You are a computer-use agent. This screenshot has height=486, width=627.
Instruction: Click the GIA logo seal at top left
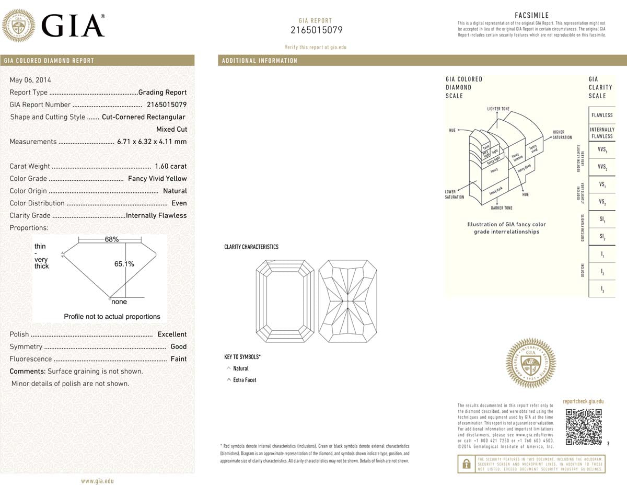(x=19, y=26)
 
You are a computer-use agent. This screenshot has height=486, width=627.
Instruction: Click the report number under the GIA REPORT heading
(x=316, y=30)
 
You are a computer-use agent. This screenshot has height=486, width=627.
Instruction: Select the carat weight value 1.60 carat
(x=171, y=166)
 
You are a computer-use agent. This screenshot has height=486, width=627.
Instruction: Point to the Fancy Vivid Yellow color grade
(x=157, y=178)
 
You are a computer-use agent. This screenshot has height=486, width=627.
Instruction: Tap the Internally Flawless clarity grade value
(x=156, y=215)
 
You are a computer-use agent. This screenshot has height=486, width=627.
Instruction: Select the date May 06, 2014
(x=27, y=80)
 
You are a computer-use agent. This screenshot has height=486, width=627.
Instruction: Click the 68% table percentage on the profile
(x=112, y=239)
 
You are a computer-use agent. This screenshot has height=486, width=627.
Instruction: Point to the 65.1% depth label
(x=124, y=264)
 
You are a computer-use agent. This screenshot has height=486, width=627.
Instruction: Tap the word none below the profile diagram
(x=119, y=302)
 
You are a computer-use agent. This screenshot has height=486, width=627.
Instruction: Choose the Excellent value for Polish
(x=172, y=334)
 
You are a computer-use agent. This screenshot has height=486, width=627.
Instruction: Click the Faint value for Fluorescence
(x=178, y=359)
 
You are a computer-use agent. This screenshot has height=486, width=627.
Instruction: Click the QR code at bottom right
(x=584, y=426)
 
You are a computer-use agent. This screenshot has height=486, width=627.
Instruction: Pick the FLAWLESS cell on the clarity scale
(x=602, y=115)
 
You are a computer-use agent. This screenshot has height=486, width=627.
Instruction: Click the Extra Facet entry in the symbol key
(x=245, y=380)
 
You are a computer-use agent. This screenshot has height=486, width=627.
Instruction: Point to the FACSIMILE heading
(x=531, y=16)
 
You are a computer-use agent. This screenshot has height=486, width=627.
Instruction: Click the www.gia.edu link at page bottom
(x=97, y=481)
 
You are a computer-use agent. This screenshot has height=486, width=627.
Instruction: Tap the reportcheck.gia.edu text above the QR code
(x=583, y=401)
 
